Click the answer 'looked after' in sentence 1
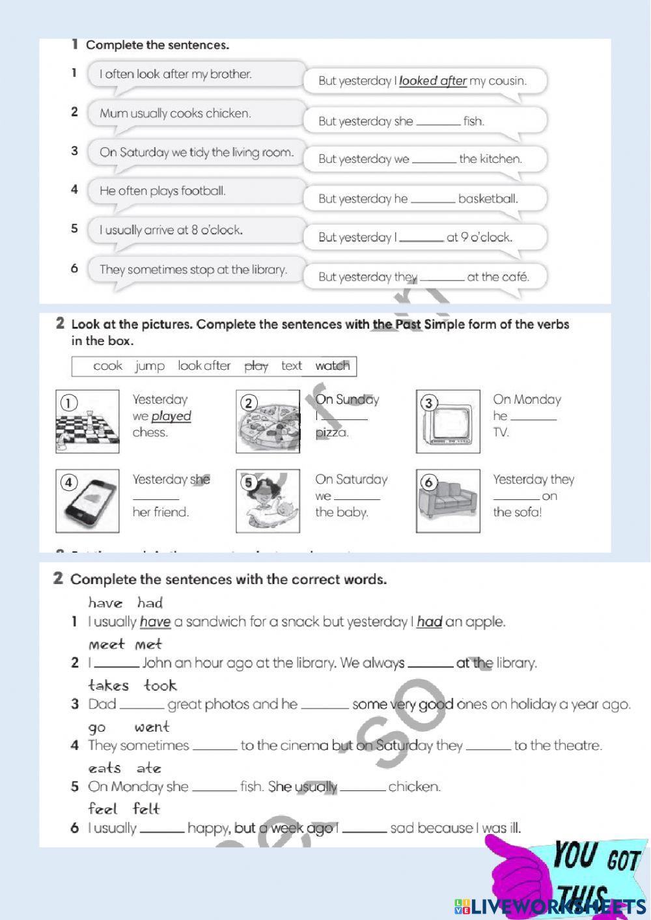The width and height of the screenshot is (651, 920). [432, 81]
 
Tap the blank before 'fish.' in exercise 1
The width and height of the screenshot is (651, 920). [438, 122]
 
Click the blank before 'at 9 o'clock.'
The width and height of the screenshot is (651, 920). [421, 238]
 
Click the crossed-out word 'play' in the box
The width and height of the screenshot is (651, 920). [256, 367]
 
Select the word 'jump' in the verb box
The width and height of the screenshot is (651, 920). [150, 367]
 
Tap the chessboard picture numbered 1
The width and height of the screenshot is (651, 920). [87, 422]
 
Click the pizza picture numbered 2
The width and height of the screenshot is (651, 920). [268, 422]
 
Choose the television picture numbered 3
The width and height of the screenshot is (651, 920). [448, 422]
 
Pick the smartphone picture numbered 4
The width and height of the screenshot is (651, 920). [87, 501]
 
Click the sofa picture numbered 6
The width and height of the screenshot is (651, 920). [448, 501]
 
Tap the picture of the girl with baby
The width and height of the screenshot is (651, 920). [268, 501]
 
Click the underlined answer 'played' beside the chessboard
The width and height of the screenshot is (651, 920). [171, 416]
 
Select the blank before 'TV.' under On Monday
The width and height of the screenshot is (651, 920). [533, 417]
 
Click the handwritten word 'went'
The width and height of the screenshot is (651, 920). [152, 727]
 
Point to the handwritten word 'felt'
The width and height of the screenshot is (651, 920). [146, 809]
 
